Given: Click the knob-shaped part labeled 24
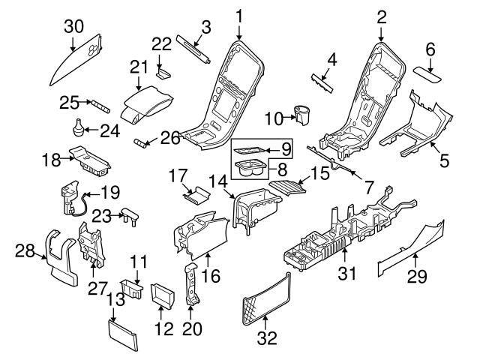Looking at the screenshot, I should click(76, 128).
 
